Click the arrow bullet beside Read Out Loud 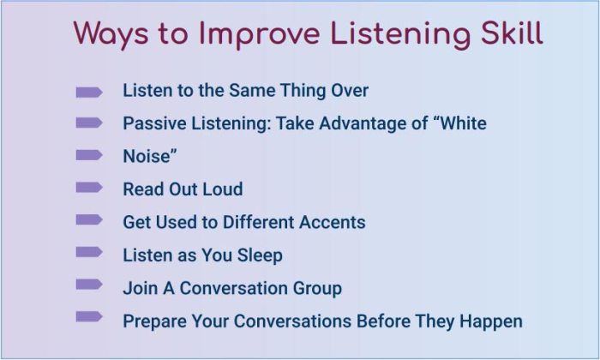pos(89,188)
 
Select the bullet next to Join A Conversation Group pos(89,285)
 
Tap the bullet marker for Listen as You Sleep pos(89,253)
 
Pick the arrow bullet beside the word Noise pos(89,155)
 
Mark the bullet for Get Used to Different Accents pos(89,220)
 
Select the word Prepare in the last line pos(155,321)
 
